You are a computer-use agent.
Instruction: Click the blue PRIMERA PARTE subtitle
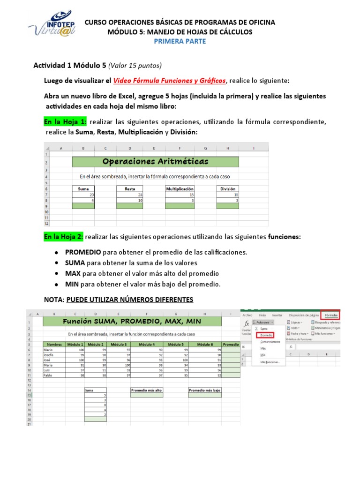coord(180,41)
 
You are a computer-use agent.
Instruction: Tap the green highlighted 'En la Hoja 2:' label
coord(63,237)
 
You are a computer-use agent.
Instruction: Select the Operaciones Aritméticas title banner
coord(155,162)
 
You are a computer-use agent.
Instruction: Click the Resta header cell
coord(130,188)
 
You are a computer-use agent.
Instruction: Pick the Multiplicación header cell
coord(180,188)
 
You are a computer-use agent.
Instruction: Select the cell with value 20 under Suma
coord(83,194)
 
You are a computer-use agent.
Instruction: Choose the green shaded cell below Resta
coord(130,206)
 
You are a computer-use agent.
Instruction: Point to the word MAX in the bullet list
coord(73,273)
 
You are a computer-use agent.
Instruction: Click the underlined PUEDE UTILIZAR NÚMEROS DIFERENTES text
coord(130,300)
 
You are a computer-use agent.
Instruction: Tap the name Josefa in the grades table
coord(49,355)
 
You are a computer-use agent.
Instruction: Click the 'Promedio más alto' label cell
coord(147,390)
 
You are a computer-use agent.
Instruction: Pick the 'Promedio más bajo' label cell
coord(205,390)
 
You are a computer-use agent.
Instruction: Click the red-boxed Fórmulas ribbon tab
coord(330,315)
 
